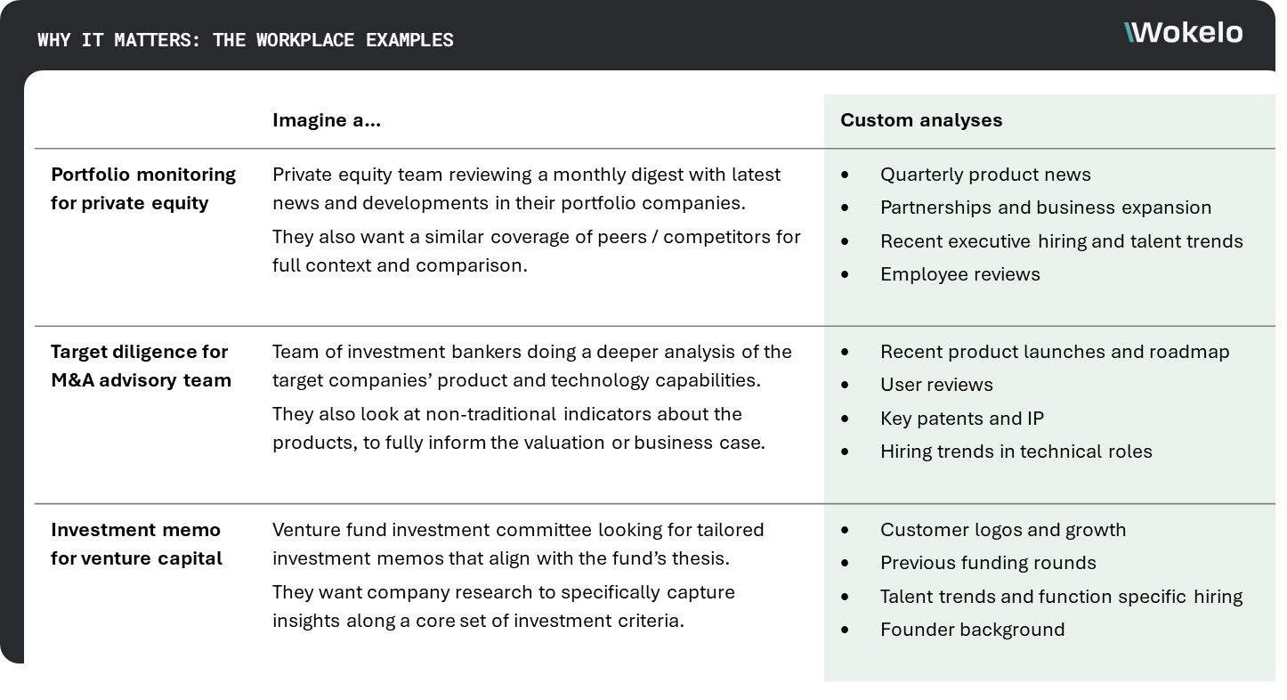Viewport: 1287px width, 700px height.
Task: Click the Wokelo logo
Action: pyautogui.click(x=1184, y=33)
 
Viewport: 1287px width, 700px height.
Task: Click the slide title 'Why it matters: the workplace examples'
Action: pyautogui.click(x=246, y=40)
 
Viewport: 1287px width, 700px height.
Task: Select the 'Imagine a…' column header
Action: pyautogui.click(x=327, y=120)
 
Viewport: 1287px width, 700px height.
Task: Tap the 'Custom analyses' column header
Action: pyautogui.click(x=921, y=120)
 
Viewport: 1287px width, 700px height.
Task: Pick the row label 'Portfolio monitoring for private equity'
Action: pyautogui.click(x=143, y=188)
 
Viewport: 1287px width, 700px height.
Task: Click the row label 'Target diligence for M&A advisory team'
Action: pyautogui.click(x=141, y=365)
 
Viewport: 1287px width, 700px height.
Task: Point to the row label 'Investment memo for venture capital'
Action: pyautogui.click(x=136, y=543)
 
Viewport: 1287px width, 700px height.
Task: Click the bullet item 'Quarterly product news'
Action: pyautogui.click(x=985, y=175)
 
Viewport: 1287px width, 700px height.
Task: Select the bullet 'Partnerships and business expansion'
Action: pyautogui.click(x=1046, y=208)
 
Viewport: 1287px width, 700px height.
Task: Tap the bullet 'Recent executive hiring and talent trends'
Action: pyautogui.click(x=1061, y=241)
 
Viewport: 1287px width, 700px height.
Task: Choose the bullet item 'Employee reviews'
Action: pyautogui.click(x=959, y=274)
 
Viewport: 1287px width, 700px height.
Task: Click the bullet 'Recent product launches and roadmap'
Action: pyautogui.click(x=1055, y=352)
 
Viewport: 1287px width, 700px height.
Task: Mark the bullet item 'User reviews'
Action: pyautogui.click(x=936, y=385)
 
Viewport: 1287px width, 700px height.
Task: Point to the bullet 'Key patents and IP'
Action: pyautogui.click(x=962, y=419)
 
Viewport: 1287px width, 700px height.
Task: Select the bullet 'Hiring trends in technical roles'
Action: pyautogui.click(x=1016, y=452)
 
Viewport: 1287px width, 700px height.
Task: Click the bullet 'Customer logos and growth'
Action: pyautogui.click(x=1003, y=530)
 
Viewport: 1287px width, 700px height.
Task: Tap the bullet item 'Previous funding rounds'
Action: pyautogui.click(x=988, y=563)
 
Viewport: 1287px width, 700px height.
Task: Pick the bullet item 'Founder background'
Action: pyautogui.click(x=972, y=630)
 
